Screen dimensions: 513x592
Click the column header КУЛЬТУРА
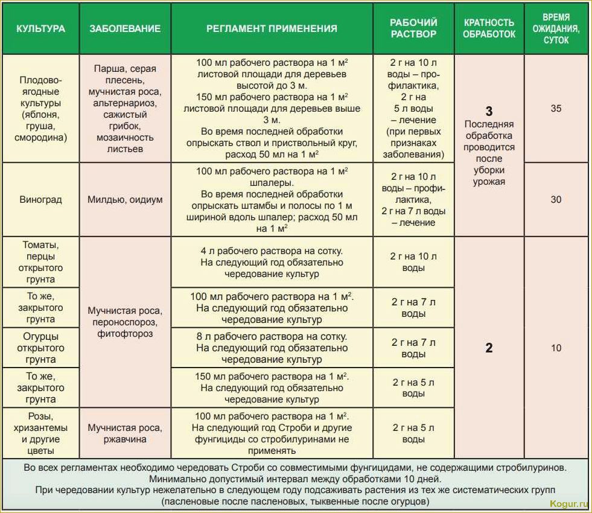[x=40, y=28]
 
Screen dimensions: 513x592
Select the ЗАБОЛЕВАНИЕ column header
[x=125, y=28]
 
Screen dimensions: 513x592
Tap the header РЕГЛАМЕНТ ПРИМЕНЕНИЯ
[x=272, y=28]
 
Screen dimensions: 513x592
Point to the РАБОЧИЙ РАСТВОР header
[x=413, y=28]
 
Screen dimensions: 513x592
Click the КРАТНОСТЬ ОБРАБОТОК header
[x=489, y=28]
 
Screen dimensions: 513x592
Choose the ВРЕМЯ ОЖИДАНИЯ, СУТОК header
[x=556, y=28]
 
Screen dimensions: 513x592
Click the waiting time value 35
[x=556, y=109]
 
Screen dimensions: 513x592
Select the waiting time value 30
[x=556, y=199]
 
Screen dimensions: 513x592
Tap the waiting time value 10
[x=556, y=348]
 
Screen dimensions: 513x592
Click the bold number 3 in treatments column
[x=489, y=111]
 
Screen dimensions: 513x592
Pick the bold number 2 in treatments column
[x=489, y=348]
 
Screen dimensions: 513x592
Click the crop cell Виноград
[x=40, y=199]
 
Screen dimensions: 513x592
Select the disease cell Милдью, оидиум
[x=125, y=199]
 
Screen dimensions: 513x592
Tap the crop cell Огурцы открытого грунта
[x=40, y=348]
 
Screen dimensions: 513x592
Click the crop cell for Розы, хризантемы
[x=40, y=433]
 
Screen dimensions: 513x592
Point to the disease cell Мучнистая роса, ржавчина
[x=125, y=433]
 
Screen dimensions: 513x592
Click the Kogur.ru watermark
[x=568, y=503]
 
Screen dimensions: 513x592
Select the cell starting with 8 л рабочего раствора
[x=272, y=348]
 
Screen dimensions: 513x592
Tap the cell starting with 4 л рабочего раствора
[x=272, y=262]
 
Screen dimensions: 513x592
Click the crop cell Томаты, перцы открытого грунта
[x=40, y=262]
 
